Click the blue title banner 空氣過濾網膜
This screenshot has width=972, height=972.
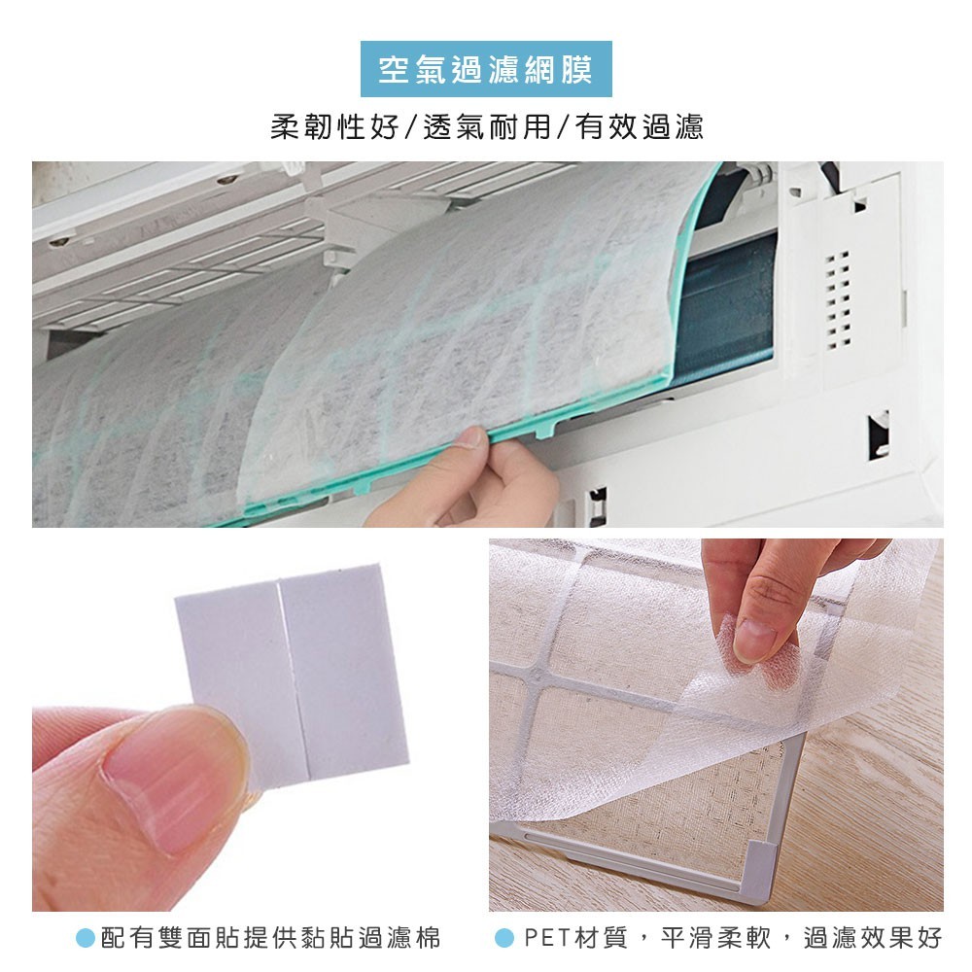pos(486,69)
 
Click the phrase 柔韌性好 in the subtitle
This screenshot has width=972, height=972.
pos(334,127)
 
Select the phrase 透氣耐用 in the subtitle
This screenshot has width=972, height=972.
pos(487,127)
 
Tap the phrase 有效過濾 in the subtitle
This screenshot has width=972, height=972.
pos(640,127)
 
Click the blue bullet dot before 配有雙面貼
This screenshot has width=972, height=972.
pos(85,938)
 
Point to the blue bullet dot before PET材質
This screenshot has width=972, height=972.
pos(504,938)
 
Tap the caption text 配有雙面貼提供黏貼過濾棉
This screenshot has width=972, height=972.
pos(270,938)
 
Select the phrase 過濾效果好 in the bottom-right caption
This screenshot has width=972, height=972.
pos(873,938)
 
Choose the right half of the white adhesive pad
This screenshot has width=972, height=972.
pos(344,673)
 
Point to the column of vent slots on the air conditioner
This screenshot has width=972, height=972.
pos(838,300)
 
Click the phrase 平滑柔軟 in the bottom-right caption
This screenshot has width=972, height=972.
pos(715,938)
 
